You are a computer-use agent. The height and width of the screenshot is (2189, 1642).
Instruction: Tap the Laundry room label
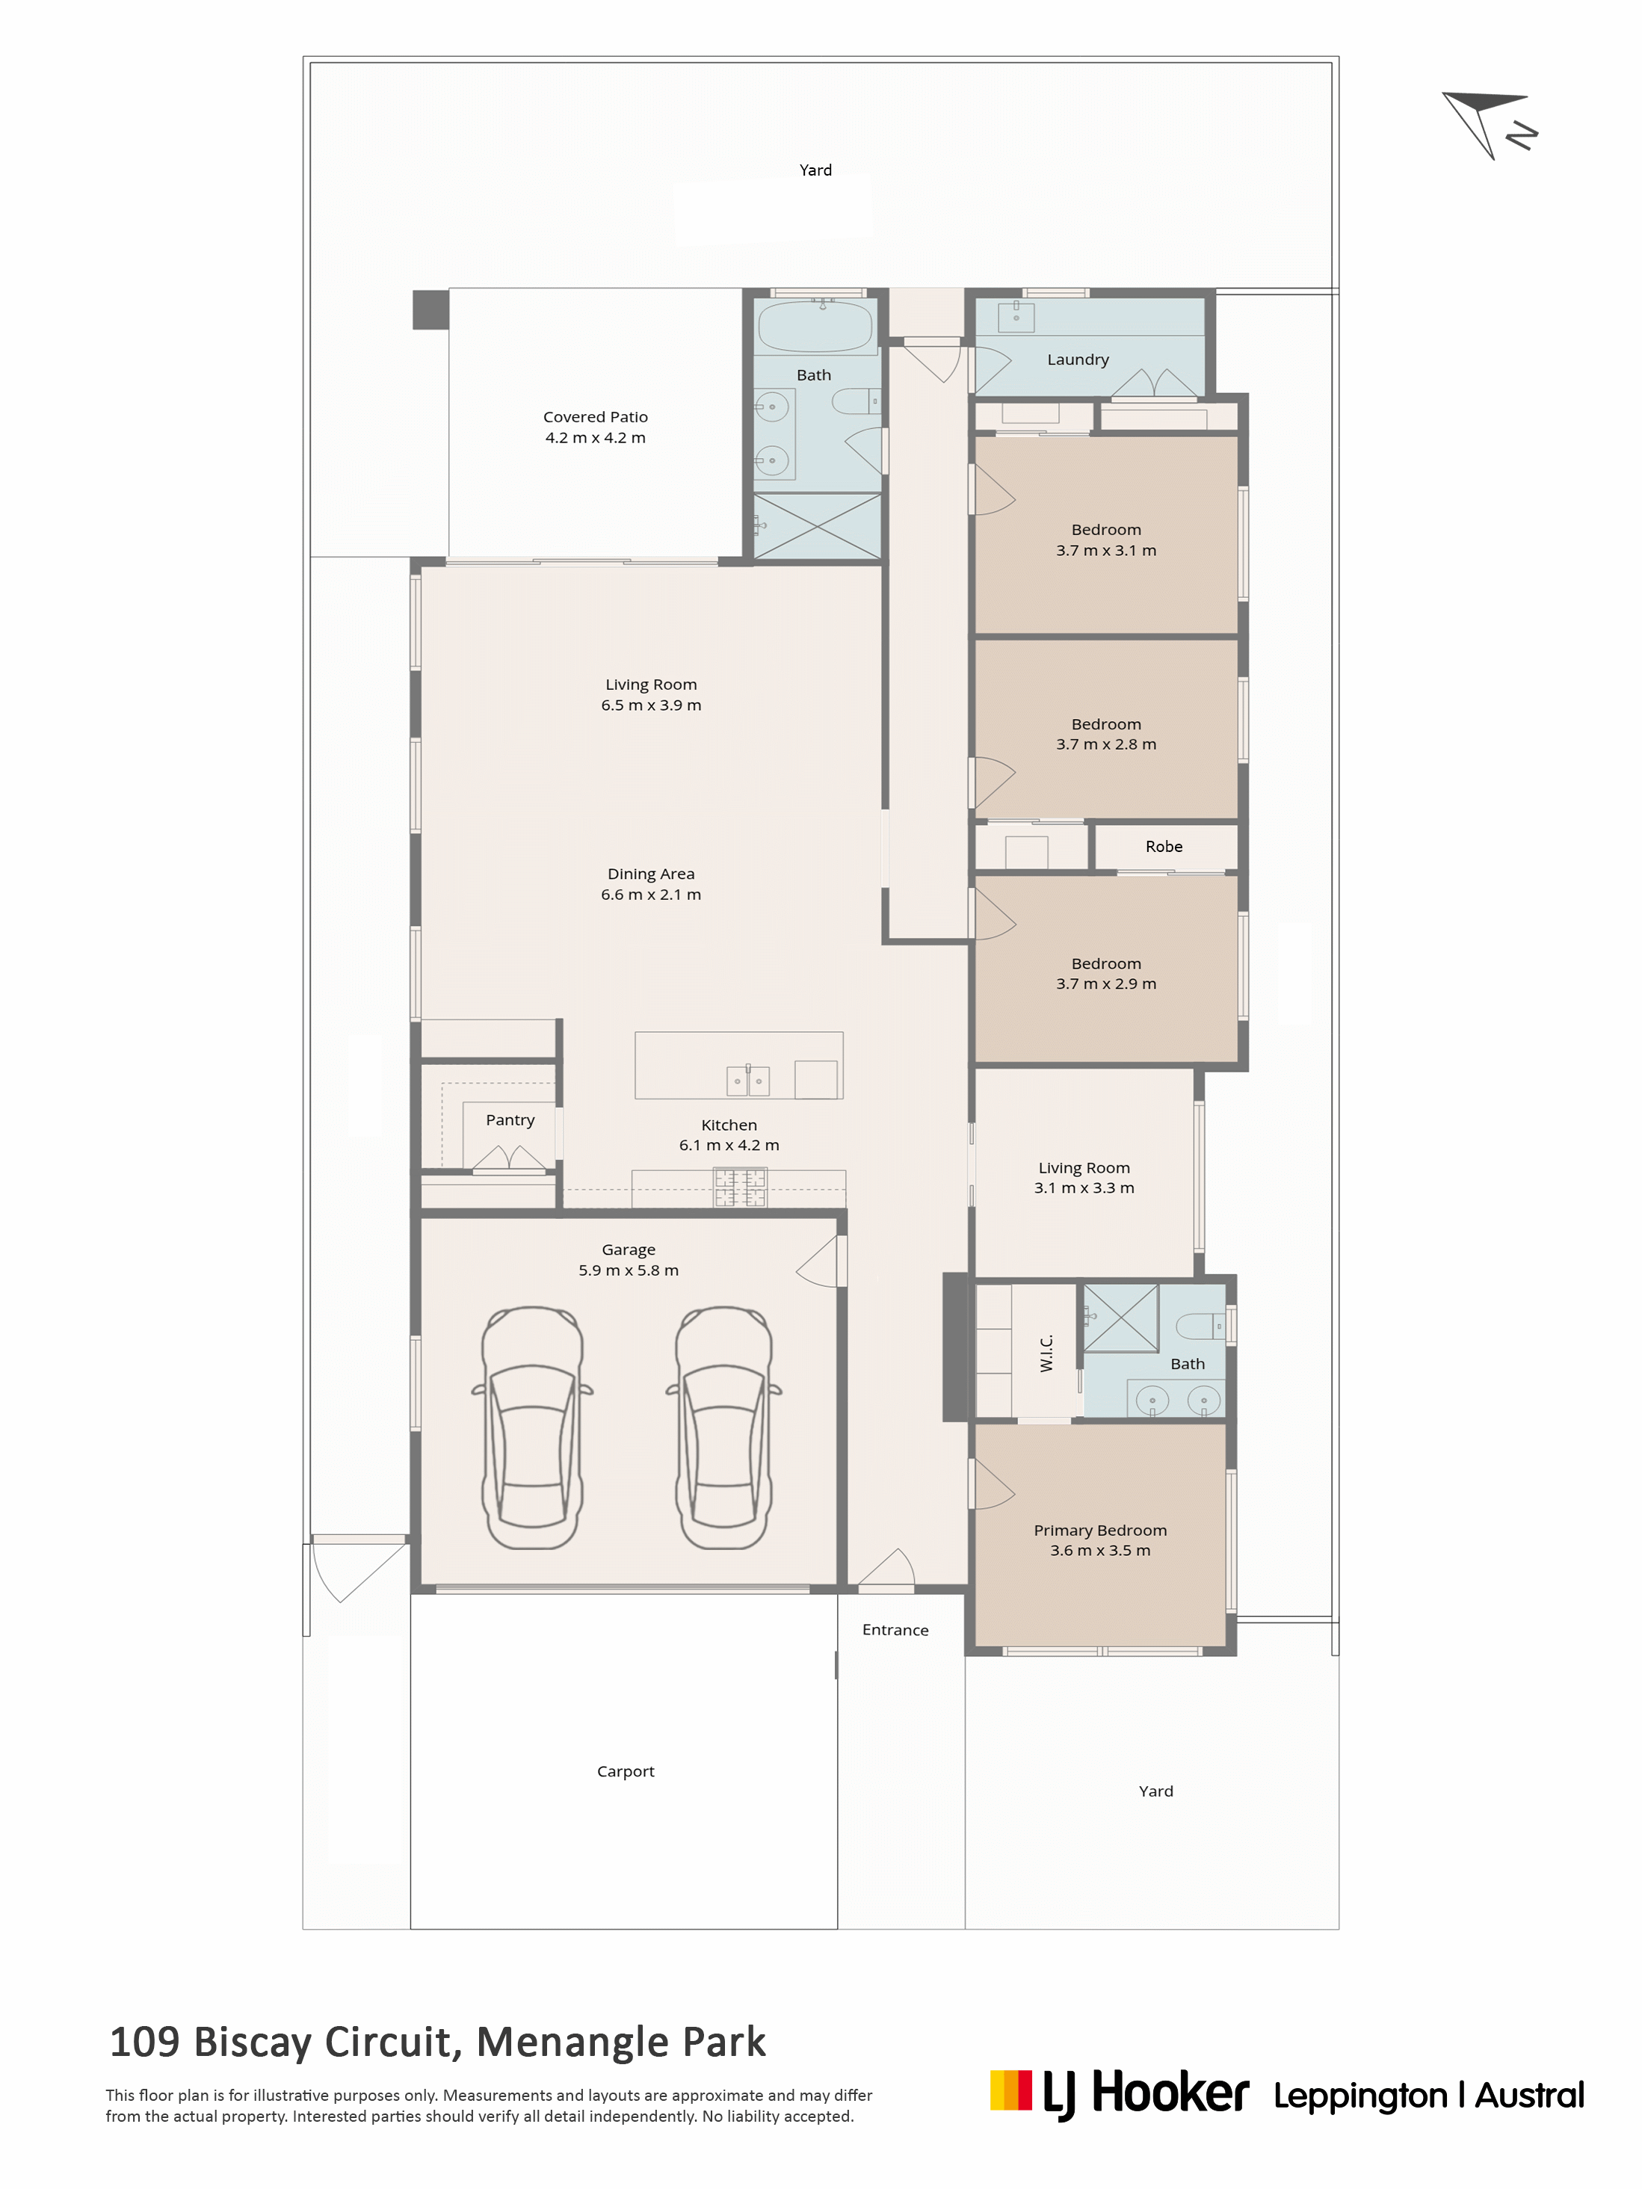(1078, 359)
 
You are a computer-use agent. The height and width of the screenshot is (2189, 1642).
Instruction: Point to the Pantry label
(510, 1120)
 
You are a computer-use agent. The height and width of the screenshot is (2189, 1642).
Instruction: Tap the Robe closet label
(1164, 846)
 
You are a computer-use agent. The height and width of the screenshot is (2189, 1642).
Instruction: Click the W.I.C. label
(1046, 1353)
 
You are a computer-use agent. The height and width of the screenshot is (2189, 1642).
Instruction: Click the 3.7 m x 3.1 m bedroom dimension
(1105, 550)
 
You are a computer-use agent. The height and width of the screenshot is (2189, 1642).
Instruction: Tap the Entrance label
(895, 1630)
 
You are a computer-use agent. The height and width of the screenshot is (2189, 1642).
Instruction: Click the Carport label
(626, 1771)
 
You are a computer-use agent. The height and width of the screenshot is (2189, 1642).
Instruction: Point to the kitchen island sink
(748, 1081)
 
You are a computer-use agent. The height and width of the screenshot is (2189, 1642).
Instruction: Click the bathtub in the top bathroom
(815, 327)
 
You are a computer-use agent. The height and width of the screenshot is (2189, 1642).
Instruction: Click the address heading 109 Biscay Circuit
(436, 2043)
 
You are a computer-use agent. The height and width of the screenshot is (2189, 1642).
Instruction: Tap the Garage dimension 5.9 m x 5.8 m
(629, 1270)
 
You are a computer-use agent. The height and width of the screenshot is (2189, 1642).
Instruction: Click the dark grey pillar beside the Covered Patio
(430, 309)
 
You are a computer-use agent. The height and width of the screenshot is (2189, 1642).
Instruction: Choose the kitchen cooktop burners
(741, 1188)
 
